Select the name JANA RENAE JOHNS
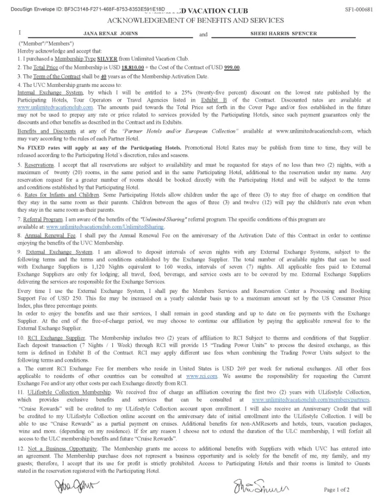point(110,33)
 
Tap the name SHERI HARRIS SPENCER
point(283,33)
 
